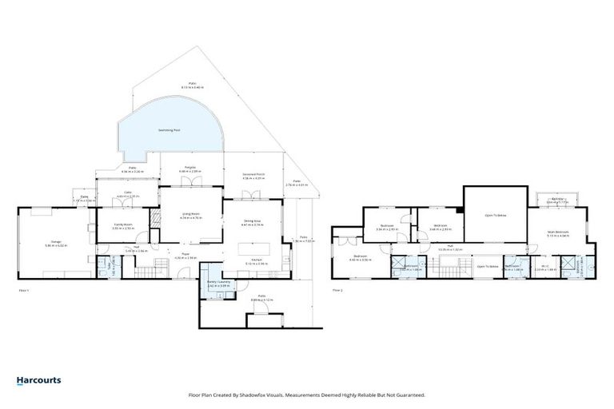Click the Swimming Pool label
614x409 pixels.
(168, 129)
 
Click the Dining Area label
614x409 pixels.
(253, 224)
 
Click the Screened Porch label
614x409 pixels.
(253, 177)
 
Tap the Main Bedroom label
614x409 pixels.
(557, 234)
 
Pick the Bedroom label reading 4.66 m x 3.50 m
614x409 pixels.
(357, 259)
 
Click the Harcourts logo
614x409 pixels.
(38, 380)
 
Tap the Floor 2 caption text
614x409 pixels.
(338, 289)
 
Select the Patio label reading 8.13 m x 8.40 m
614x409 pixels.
(192, 85)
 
